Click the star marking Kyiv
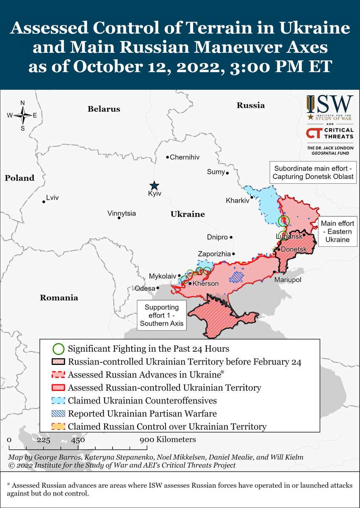tap(154, 185)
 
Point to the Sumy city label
tap(215, 171)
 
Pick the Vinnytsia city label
tap(122, 213)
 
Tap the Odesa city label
tap(144, 288)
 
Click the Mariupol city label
tap(288, 280)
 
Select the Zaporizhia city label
tap(214, 254)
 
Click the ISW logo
tap(330, 108)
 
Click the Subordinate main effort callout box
tap(313, 172)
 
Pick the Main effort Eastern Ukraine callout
tap(337, 231)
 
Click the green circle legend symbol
tap(59, 349)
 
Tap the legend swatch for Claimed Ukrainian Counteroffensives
tap(59, 400)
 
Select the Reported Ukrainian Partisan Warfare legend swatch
tap(59, 414)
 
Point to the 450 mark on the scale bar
tap(78, 440)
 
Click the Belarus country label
tap(104, 109)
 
